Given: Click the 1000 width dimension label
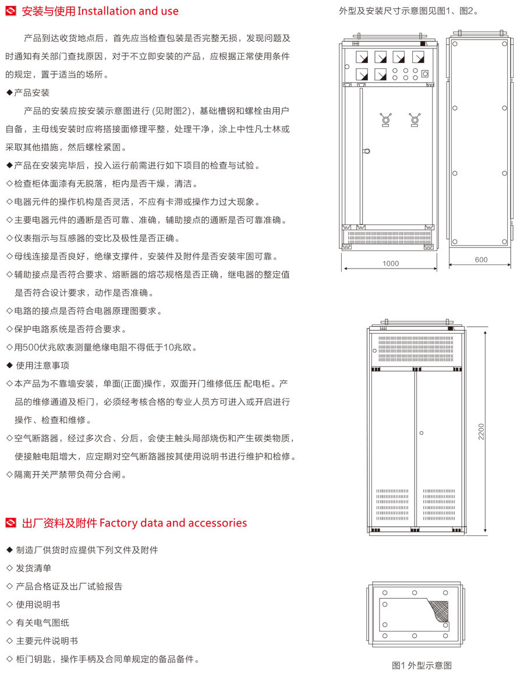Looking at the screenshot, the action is [390, 263].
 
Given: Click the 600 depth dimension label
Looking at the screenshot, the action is [481, 260].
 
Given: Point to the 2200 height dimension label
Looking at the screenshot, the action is [481, 432].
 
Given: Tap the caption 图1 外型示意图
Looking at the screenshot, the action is [422, 665].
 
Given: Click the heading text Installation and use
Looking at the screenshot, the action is [128, 11].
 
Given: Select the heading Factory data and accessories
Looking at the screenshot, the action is [174, 523].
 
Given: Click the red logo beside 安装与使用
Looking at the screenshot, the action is [11, 11].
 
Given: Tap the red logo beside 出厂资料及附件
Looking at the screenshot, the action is [11, 523].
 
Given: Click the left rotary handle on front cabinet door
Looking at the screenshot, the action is [385, 119].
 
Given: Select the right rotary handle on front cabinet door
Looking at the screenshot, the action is [415, 119].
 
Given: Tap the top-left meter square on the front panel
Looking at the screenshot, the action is [362, 57].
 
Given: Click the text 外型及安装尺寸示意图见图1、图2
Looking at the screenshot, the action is [408, 11].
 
